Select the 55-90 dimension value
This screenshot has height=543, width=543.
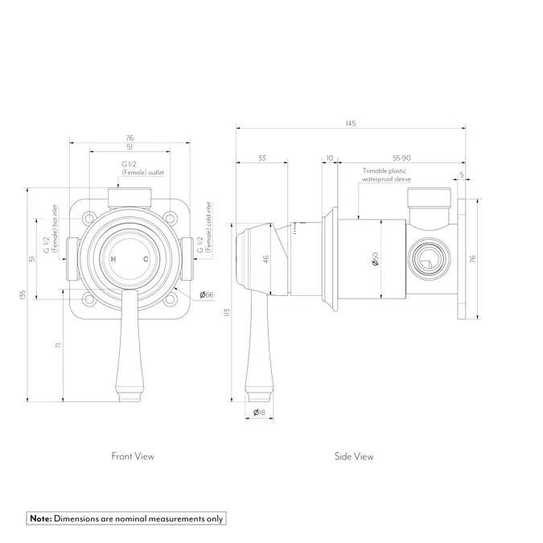402,158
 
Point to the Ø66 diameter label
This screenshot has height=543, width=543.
206,295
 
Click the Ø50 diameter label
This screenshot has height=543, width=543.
375,259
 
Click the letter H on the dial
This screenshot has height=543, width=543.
113,259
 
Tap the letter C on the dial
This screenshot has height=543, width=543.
146,259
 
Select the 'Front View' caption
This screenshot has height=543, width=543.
133,456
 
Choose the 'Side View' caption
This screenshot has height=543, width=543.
354,456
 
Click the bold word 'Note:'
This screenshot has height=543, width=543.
41,519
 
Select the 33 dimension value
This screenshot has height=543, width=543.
262,158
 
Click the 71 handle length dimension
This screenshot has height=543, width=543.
58,345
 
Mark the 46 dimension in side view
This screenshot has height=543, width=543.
265,259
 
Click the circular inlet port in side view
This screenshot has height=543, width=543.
426,259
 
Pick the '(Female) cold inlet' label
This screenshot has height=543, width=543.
208,228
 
